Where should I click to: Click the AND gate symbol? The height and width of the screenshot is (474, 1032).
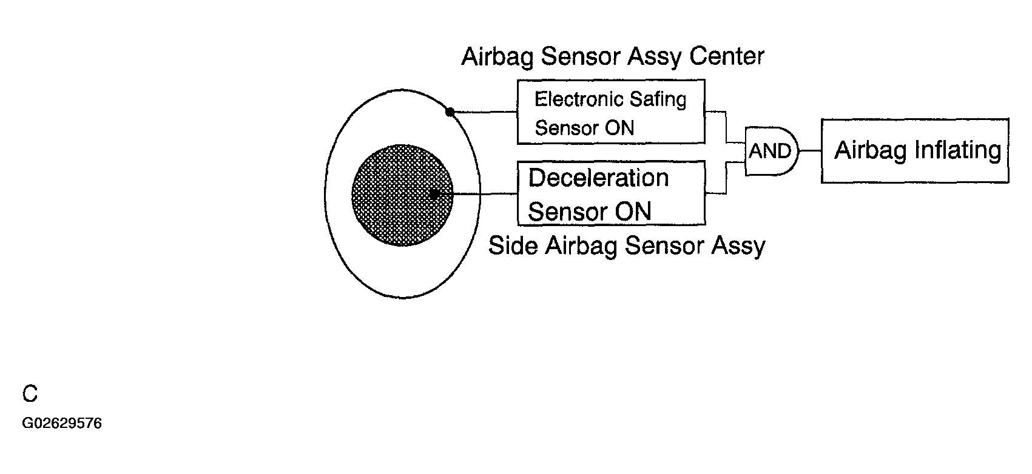pos(772,151)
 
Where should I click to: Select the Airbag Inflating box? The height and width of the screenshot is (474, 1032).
pos(915,151)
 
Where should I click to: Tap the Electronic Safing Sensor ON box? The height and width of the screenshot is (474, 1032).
pos(611,112)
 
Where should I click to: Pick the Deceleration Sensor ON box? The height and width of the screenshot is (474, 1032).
pos(612,193)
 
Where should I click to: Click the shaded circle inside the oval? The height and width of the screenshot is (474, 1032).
pos(402,195)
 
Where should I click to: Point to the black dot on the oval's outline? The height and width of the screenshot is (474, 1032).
pos(450,112)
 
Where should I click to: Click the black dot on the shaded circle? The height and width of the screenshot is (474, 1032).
pos(434,195)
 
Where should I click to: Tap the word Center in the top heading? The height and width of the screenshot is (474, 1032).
pos(727,56)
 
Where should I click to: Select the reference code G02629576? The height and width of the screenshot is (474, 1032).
pos(62,423)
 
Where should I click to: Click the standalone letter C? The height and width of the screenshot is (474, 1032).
pos(30,394)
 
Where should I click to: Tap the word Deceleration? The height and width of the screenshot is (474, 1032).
pos(598,178)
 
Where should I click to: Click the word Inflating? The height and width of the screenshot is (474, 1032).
pos(958,151)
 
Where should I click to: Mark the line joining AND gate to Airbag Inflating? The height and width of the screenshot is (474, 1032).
pos(811,150)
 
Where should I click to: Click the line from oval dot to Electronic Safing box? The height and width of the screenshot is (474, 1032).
pos(484,112)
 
